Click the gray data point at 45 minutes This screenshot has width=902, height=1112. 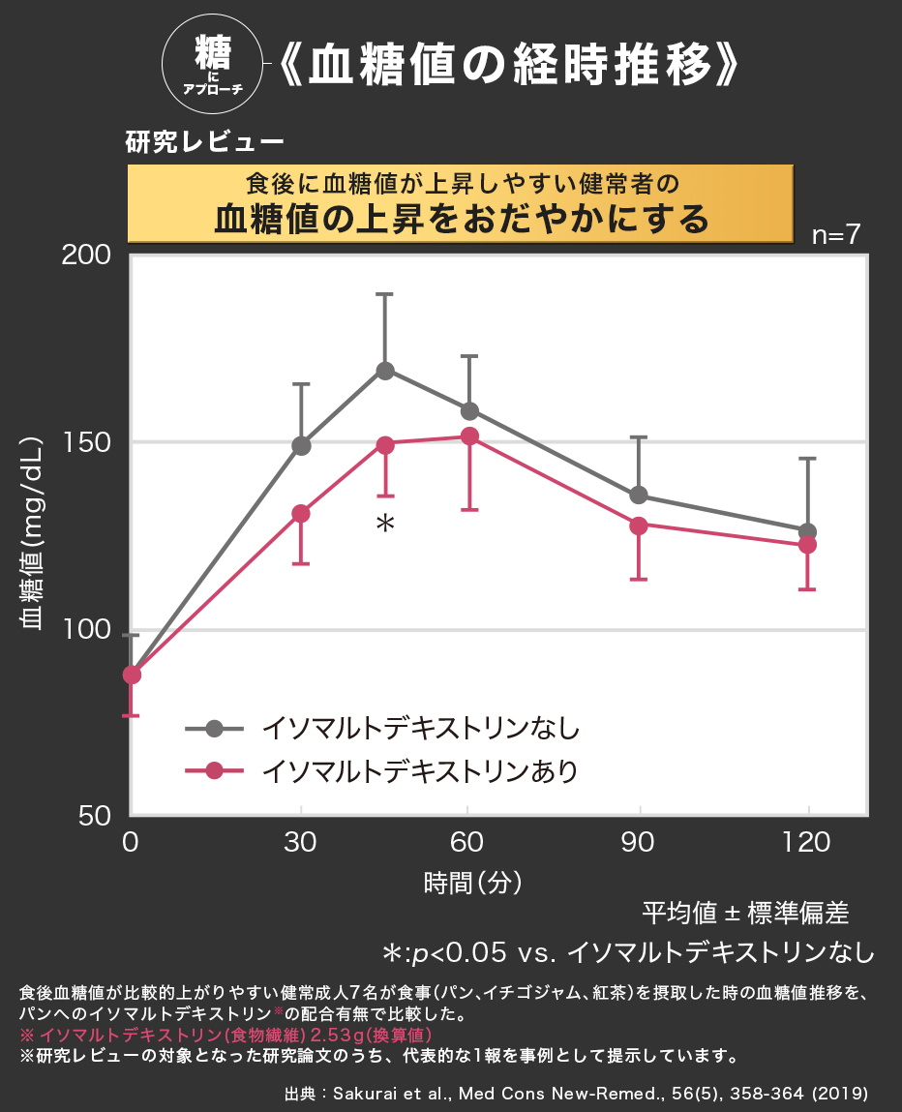pos(385,371)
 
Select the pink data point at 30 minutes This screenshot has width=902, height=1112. pos(301,514)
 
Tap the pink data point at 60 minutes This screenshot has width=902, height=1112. pos(469,436)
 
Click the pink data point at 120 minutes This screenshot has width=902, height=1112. pos(807,545)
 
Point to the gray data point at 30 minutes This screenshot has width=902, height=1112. pos(301,446)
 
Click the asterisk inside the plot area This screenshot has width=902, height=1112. pos(385,525)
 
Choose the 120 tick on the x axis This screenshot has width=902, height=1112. pos(807,842)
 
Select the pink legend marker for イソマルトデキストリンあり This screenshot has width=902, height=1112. pos(215,771)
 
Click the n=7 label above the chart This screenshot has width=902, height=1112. pos(834,236)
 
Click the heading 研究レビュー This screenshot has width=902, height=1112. pos(204,142)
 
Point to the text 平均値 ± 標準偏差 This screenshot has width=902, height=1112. pos(745,913)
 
